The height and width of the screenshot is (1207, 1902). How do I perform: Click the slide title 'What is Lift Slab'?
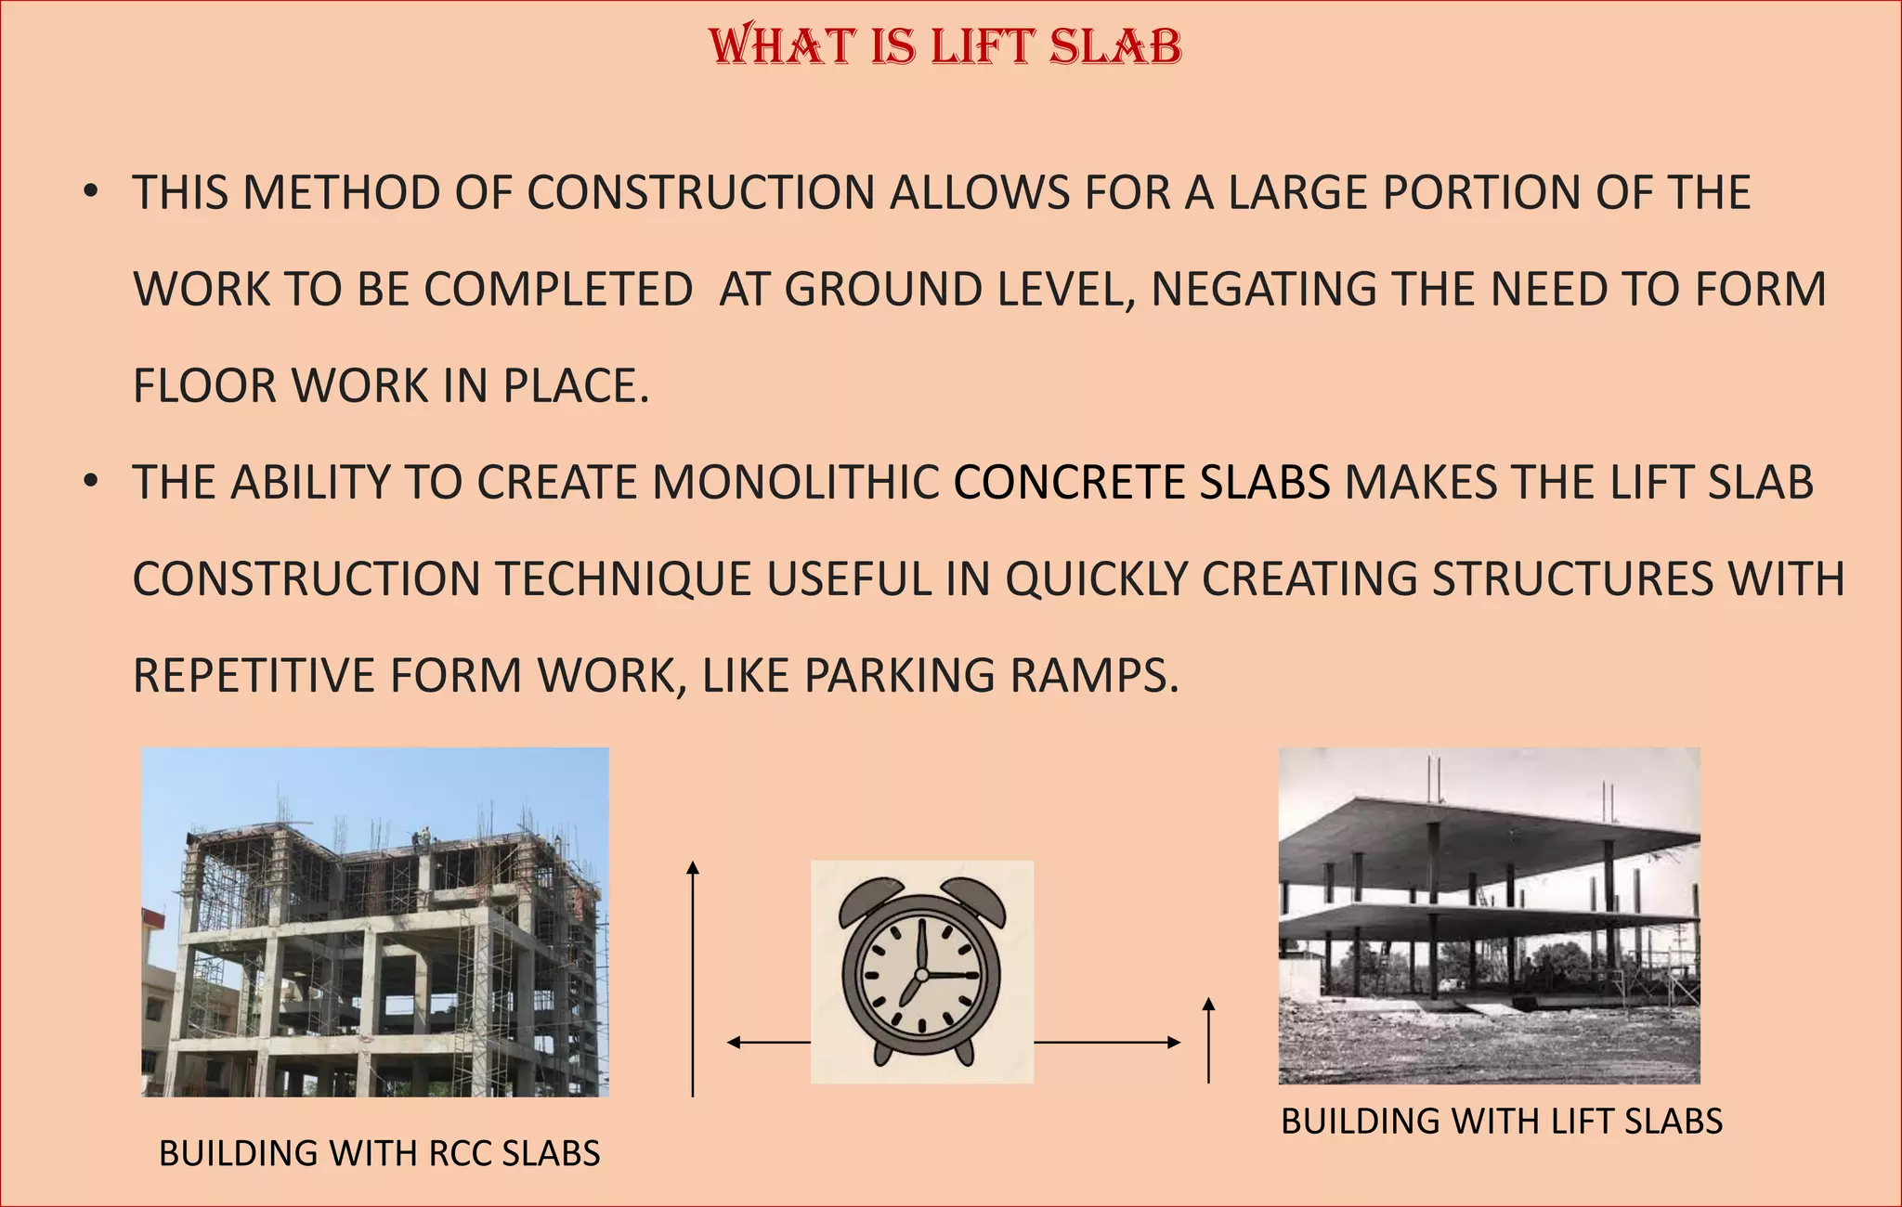click(944, 46)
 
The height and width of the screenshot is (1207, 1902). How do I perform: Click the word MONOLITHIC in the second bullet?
click(796, 483)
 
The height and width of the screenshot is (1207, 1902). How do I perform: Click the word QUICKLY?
click(1096, 579)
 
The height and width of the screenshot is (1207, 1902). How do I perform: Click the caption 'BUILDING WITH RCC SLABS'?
click(379, 1153)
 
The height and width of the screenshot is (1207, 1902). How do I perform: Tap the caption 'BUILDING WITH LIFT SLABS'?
click(1501, 1122)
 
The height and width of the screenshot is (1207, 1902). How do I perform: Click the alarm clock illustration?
click(921, 971)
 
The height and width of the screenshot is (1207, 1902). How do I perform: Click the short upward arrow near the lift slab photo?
click(1208, 1039)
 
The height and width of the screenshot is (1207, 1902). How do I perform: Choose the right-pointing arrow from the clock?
click(1106, 1043)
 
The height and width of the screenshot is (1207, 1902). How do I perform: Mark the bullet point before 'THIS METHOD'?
click(90, 193)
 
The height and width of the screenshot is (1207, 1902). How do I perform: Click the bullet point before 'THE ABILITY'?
click(90, 483)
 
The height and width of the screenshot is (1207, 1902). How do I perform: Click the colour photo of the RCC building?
click(375, 922)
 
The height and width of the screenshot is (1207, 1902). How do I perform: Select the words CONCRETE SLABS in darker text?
click(1141, 483)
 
